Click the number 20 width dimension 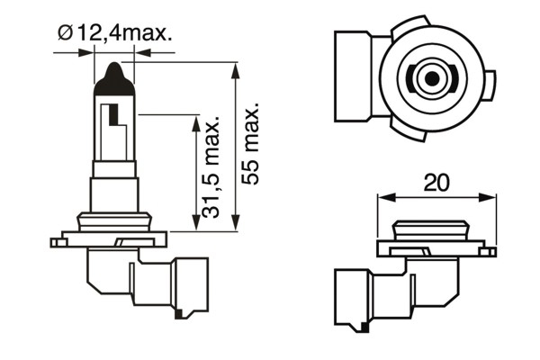(436, 183)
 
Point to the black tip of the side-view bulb (114, 74)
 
